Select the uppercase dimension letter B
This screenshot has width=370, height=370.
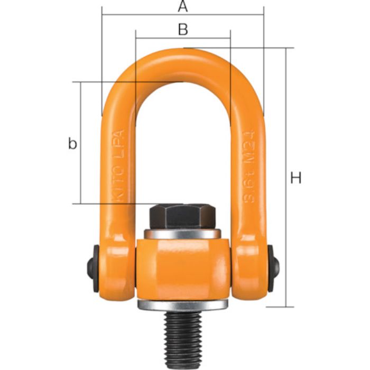(182, 30)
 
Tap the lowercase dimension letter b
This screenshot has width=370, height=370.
(72, 143)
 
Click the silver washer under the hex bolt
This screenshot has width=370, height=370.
(182, 234)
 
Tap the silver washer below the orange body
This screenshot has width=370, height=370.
(182, 306)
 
